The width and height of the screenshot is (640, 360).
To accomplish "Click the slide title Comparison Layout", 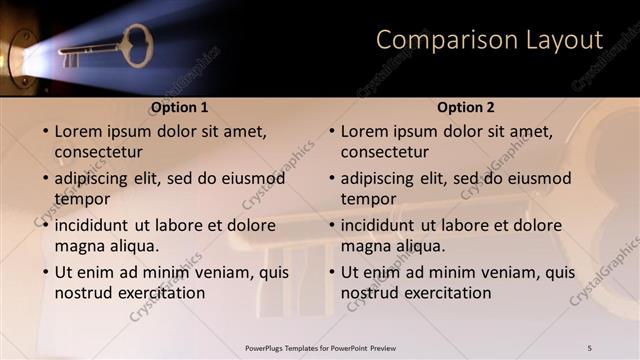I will (489, 40).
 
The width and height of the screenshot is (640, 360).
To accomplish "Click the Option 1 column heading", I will (180, 107).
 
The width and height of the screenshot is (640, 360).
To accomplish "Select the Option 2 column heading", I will (466, 107).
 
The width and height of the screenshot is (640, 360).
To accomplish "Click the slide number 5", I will (589, 347).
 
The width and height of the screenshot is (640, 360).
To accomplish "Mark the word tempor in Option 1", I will (83, 199).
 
